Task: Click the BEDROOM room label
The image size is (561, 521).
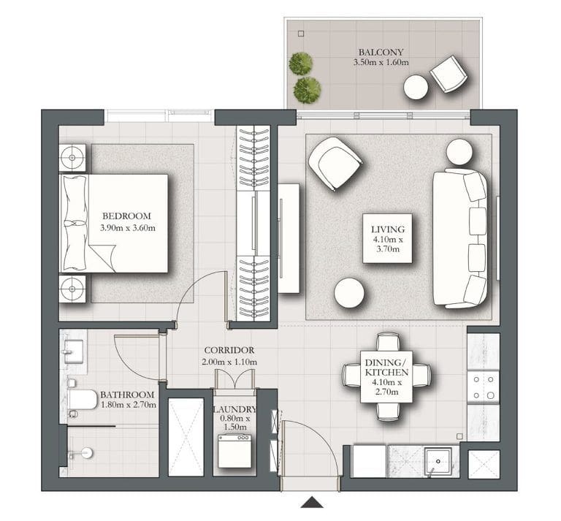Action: point(126,216)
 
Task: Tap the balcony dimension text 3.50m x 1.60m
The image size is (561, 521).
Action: point(381,64)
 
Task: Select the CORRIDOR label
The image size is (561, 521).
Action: point(229,351)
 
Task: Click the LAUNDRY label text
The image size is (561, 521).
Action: point(234,410)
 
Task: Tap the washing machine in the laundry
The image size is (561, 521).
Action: point(234,452)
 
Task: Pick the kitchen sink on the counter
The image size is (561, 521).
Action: point(437,462)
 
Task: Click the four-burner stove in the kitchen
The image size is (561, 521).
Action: point(483,387)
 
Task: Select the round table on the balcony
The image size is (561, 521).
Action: point(416,88)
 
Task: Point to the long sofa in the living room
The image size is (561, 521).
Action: point(460,237)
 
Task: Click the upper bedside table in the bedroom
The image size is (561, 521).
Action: point(72,157)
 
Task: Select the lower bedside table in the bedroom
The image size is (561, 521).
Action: point(72,289)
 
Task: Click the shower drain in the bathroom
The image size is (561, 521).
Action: point(86,453)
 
